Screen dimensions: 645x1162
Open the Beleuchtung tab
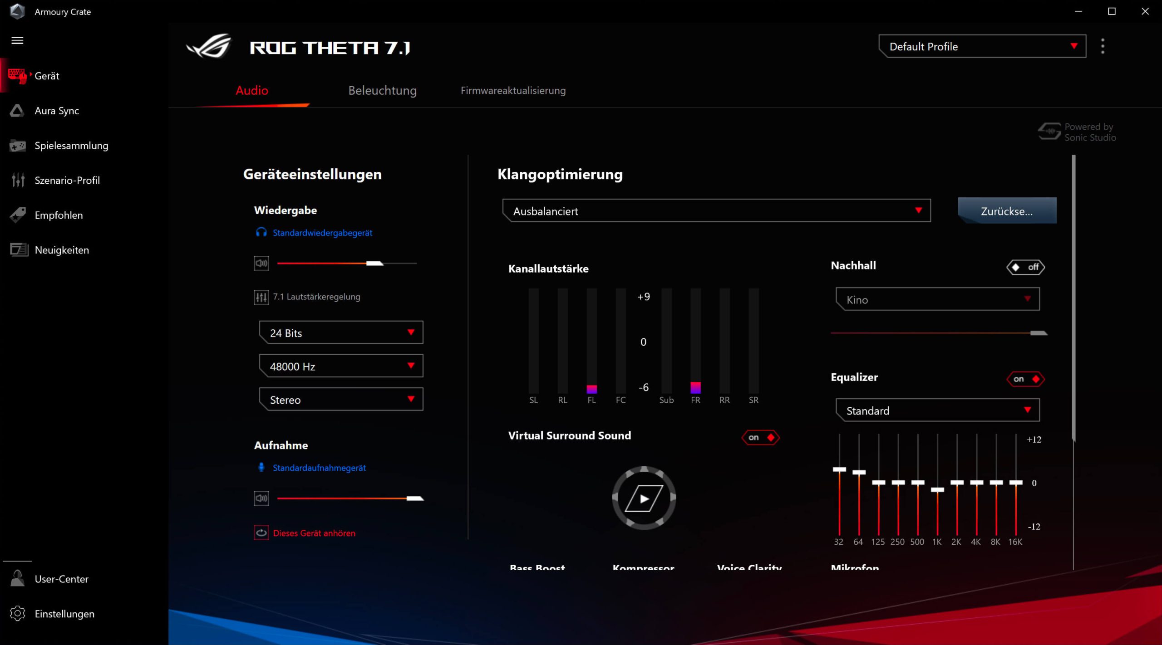coord(382,91)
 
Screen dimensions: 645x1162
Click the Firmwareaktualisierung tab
coord(513,91)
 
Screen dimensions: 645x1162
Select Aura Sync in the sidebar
coord(57,111)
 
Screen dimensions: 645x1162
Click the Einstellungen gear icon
coord(18,613)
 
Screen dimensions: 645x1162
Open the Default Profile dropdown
coord(982,46)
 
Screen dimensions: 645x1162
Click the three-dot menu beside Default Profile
coord(1103,46)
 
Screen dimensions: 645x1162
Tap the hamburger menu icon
coord(17,40)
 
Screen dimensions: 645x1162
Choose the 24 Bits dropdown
coord(341,333)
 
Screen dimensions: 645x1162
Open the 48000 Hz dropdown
coord(341,366)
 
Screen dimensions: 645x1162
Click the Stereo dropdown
coord(341,400)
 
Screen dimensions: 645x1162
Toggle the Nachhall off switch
coord(1025,267)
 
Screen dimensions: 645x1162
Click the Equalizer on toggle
coord(1025,379)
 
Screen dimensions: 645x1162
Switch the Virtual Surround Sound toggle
coord(760,437)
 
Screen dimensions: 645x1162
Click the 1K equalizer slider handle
coord(937,490)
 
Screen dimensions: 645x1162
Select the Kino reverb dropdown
coord(937,299)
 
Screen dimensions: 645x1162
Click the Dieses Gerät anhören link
coord(314,533)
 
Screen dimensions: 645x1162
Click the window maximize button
coord(1112,11)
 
